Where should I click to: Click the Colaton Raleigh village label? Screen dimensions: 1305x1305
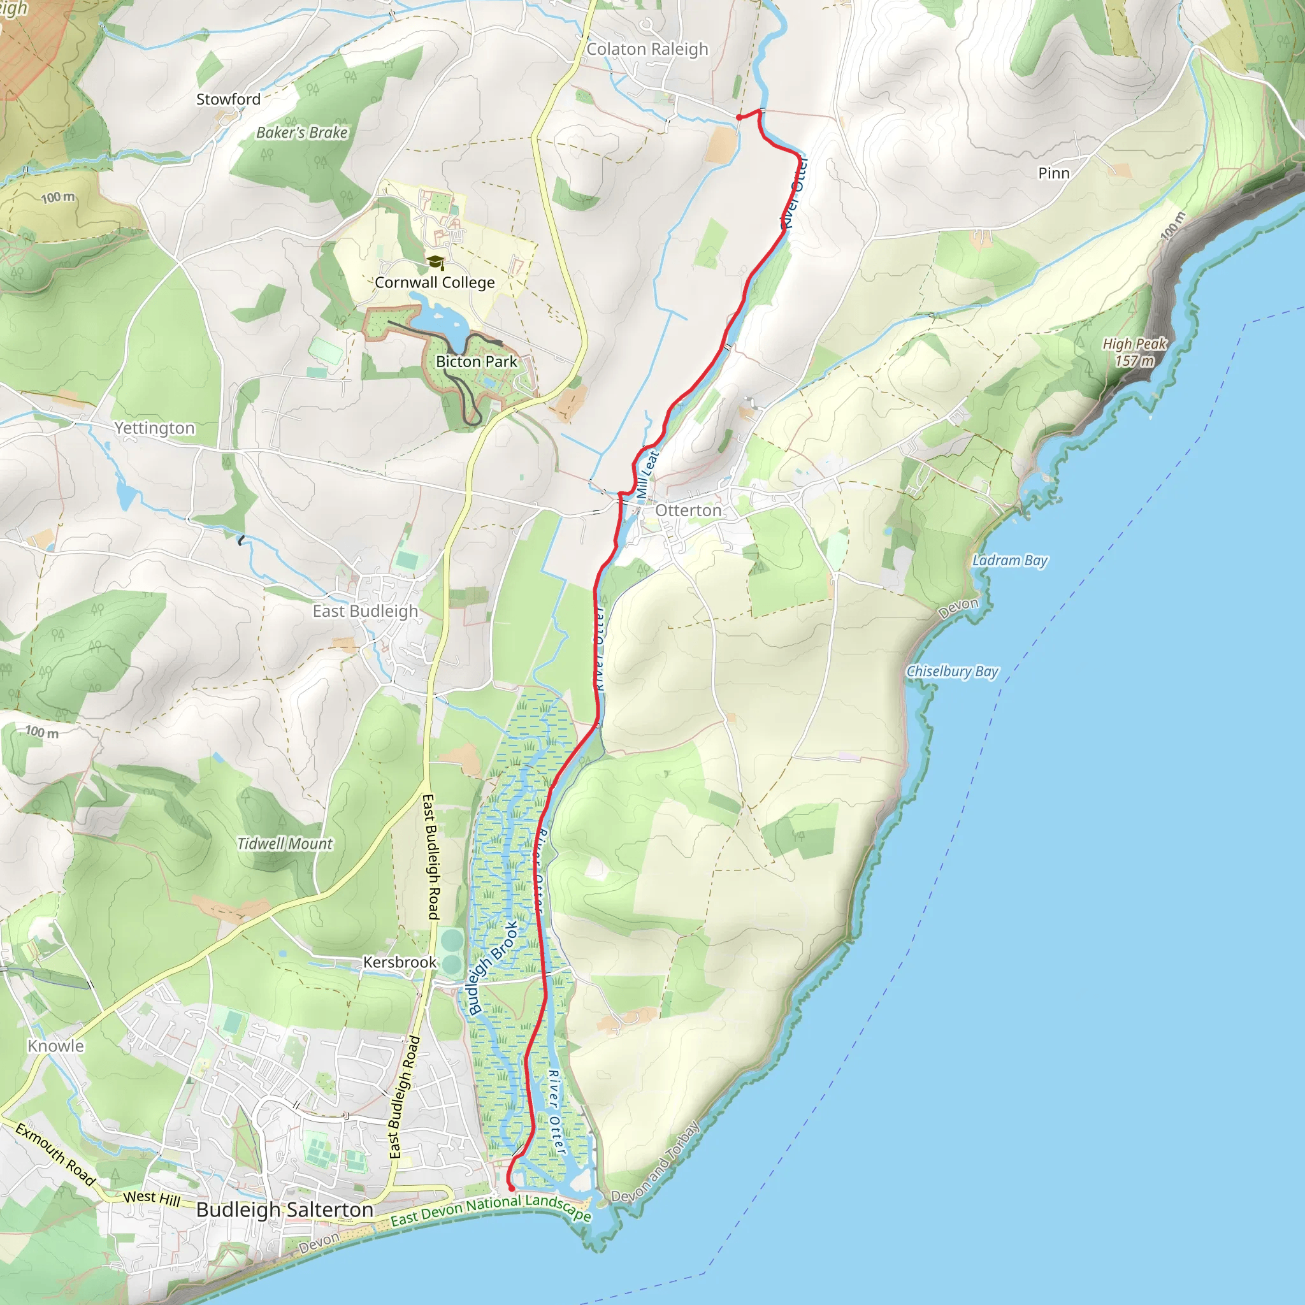tap(647, 49)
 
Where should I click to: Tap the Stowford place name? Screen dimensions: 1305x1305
tap(228, 99)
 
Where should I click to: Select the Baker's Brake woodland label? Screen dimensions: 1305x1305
tap(302, 133)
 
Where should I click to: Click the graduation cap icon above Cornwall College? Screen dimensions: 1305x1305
tap(436, 262)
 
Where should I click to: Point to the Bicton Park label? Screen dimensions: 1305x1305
tap(476, 362)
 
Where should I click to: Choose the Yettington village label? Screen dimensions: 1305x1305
tap(154, 428)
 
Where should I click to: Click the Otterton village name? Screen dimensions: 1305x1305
tap(688, 510)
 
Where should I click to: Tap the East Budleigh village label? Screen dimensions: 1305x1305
tap(365, 611)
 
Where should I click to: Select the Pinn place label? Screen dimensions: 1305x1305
tap(1054, 173)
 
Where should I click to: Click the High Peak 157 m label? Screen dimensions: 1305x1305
tap(1134, 352)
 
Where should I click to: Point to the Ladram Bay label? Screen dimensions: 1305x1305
tap(1010, 561)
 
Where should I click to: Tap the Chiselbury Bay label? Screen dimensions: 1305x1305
tap(952, 672)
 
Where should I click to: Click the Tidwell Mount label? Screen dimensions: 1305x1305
tap(285, 844)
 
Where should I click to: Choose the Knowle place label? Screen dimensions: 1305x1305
tap(56, 1046)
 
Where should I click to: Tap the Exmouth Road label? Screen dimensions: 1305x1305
tap(55, 1154)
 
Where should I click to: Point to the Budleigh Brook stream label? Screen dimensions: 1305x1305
tap(493, 968)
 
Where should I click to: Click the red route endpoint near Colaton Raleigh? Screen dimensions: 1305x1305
tap(739, 117)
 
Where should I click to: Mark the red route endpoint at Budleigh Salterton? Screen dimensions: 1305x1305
tap(511, 1188)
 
